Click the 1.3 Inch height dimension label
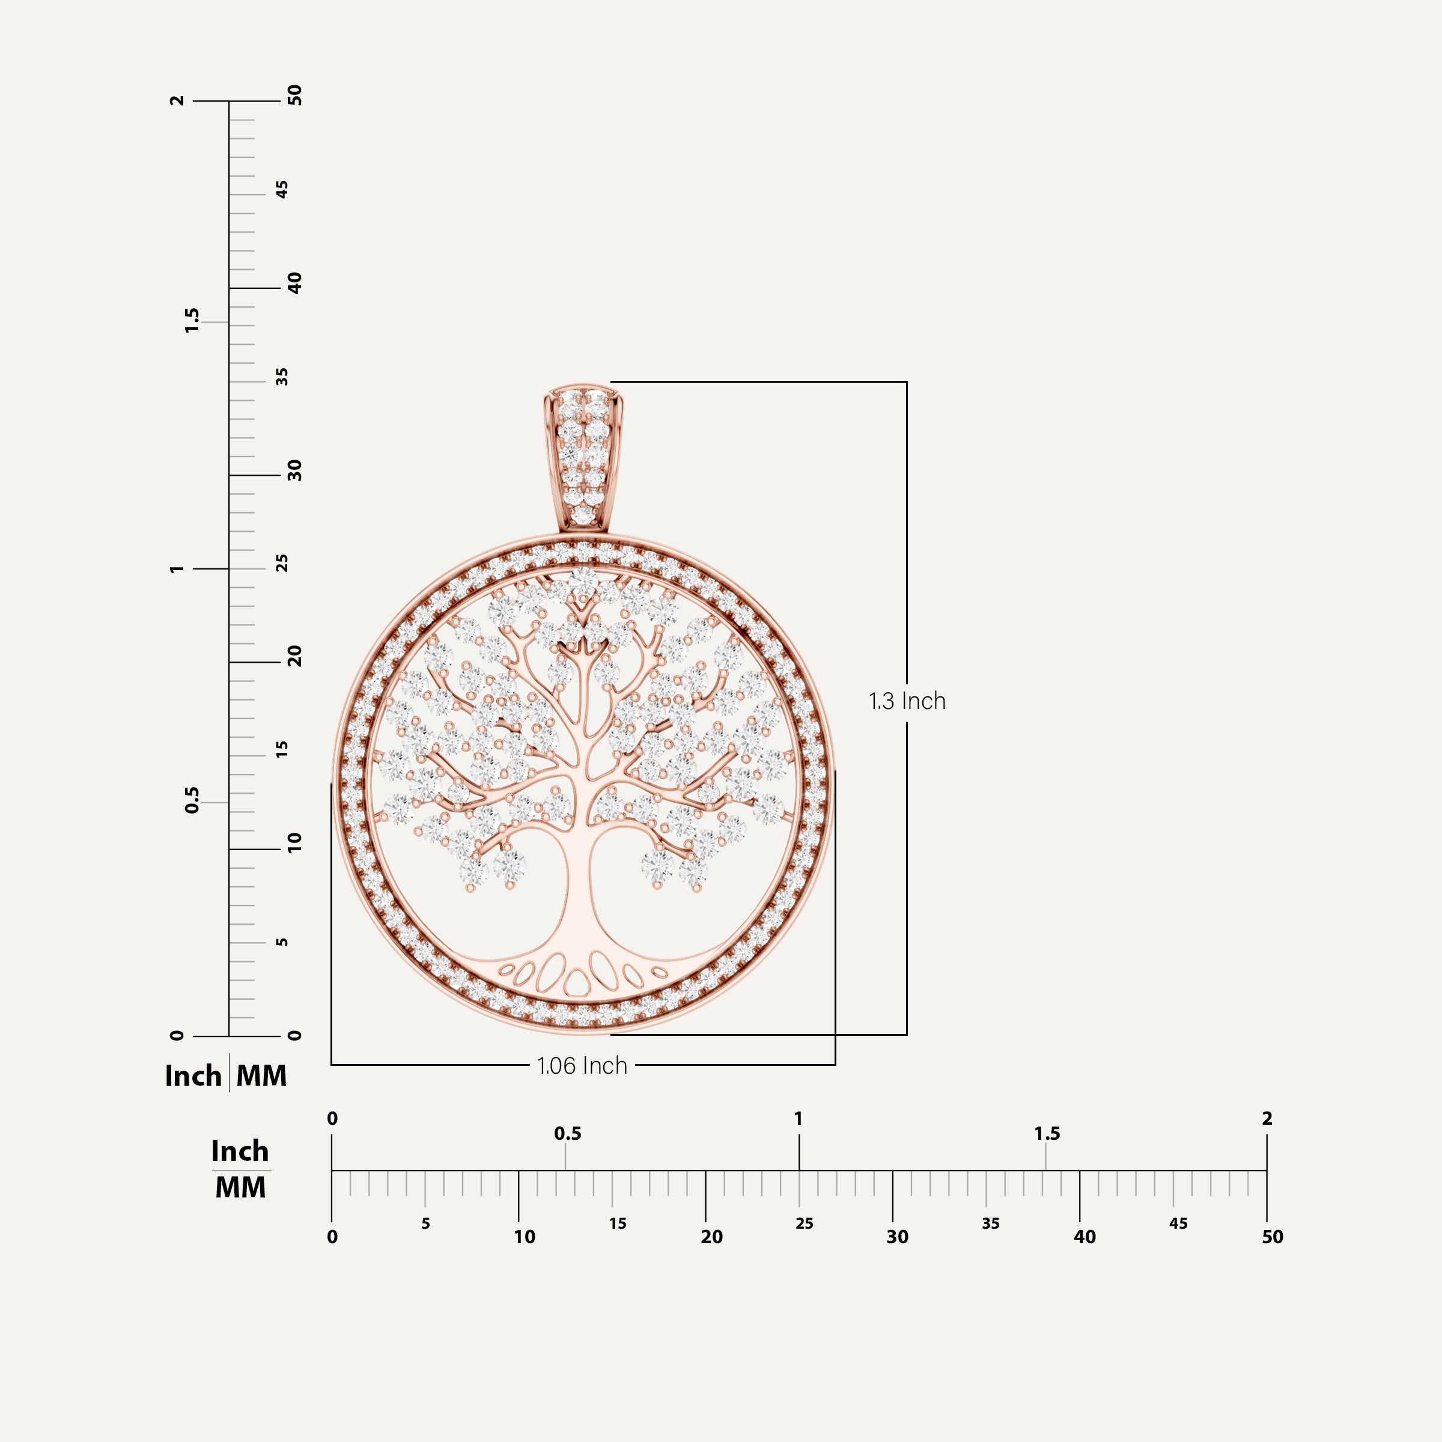[906, 701]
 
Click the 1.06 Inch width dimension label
[582, 1065]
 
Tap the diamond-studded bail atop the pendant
[583, 457]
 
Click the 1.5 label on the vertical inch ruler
[192, 320]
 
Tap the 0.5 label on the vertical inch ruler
[192, 800]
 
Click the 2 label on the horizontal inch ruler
[1267, 1118]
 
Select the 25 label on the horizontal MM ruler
[804, 1223]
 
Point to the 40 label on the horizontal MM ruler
[1084, 1237]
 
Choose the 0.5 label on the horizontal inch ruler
[567, 1134]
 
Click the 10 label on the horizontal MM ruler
[524, 1237]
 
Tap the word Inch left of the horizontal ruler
[240, 1151]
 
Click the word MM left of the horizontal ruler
[240, 1187]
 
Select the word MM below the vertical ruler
[261, 1075]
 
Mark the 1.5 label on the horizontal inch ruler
[1047, 1134]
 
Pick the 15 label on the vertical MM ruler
[281, 749]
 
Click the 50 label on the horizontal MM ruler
[1272, 1237]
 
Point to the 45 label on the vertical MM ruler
[281, 190]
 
